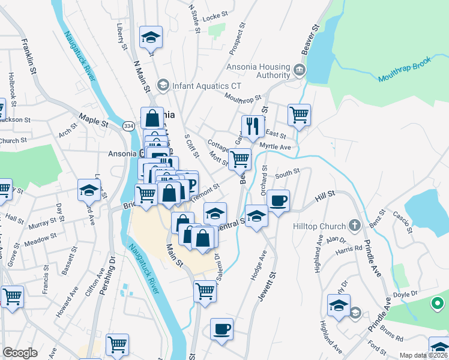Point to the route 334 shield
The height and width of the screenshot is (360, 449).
128,126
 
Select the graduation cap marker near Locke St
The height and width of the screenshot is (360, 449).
151,37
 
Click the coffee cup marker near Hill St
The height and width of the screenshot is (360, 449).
278,200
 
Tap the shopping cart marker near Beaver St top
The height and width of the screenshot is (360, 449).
299,114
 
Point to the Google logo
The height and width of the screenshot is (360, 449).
20,353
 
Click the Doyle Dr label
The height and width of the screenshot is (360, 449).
405,294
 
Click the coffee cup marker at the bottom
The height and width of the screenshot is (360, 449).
221,329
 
